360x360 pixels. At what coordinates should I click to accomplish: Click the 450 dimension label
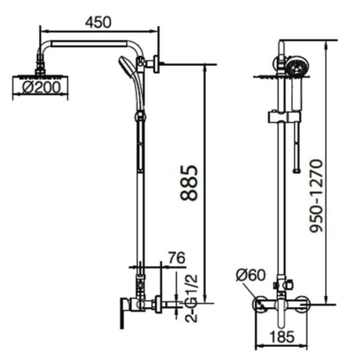(x=98, y=22)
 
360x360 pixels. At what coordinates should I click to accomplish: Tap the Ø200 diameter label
(x=42, y=87)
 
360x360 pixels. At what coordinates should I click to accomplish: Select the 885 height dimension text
(x=189, y=183)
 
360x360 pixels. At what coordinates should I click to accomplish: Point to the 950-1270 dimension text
(x=316, y=196)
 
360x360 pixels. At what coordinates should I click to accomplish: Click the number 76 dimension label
(x=177, y=258)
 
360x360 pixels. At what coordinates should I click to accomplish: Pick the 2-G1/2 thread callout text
(x=191, y=298)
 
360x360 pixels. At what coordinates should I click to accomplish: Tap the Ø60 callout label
(x=250, y=275)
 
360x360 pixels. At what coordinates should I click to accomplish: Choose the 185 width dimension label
(x=282, y=337)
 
